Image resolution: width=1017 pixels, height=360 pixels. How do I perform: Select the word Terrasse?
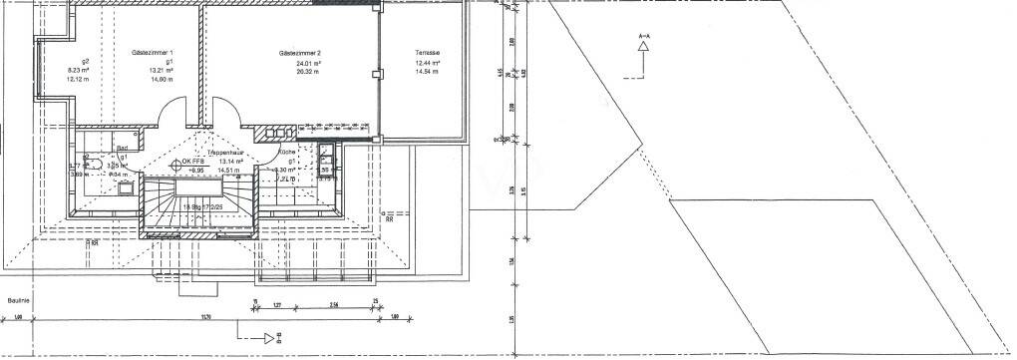coord(429,52)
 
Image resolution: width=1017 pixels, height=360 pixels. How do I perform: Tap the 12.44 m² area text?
coord(429,63)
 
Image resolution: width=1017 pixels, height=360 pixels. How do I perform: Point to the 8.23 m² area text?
coord(79,70)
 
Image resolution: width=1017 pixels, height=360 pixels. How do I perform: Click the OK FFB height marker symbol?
coord(176,161)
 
